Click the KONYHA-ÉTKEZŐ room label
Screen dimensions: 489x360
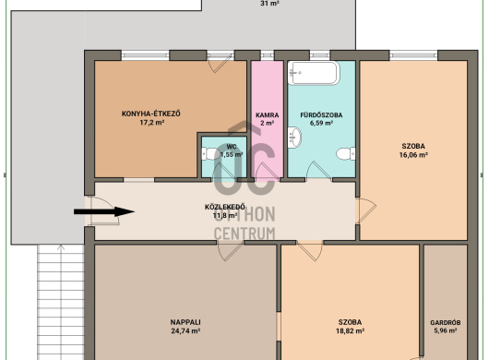pyautogui.click(x=151, y=114)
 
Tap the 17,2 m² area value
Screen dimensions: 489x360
pyautogui.click(x=152, y=122)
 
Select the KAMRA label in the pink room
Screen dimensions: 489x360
pyautogui.click(x=268, y=115)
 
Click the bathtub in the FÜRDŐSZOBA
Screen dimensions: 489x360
pyautogui.click(x=314, y=73)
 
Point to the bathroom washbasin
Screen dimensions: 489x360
pyautogui.click(x=294, y=138)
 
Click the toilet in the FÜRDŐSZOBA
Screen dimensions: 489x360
pyautogui.click(x=346, y=153)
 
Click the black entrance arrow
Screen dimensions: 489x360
pyautogui.click(x=104, y=211)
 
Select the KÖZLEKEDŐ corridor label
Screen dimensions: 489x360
pyautogui.click(x=225, y=207)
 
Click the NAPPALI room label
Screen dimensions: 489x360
pyautogui.click(x=185, y=322)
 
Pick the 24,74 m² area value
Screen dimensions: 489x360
pyautogui.click(x=185, y=331)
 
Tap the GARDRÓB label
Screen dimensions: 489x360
pyautogui.click(x=446, y=322)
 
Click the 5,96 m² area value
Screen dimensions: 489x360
pyautogui.click(x=446, y=330)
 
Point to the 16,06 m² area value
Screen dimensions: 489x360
pyautogui.click(x=413, y=155)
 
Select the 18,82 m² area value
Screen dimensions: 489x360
pyautogui.click(x=350, y=331)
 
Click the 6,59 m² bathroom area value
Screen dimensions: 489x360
pyautogui.click(x=321, y=123)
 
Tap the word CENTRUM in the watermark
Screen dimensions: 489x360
pyautogui.click(x=244, y=233)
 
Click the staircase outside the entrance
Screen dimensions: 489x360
pyautogui.click(x=61, y=302)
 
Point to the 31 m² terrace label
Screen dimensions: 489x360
pyautogui.click(x=269, y=4)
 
